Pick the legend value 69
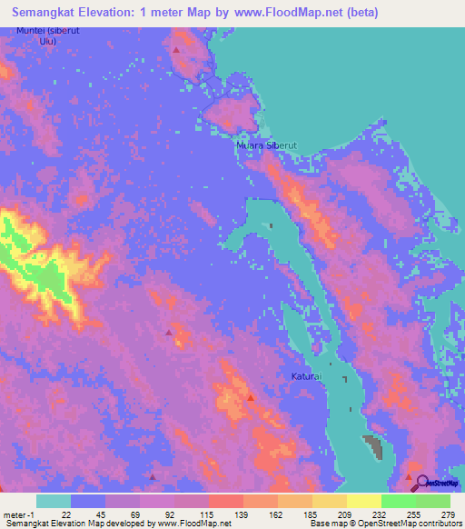136,514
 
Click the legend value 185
310,514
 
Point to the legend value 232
379,514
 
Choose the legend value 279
448,514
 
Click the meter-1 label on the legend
18,514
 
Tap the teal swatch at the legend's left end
54,501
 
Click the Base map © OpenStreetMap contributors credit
383,523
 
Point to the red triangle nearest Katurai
251,396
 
